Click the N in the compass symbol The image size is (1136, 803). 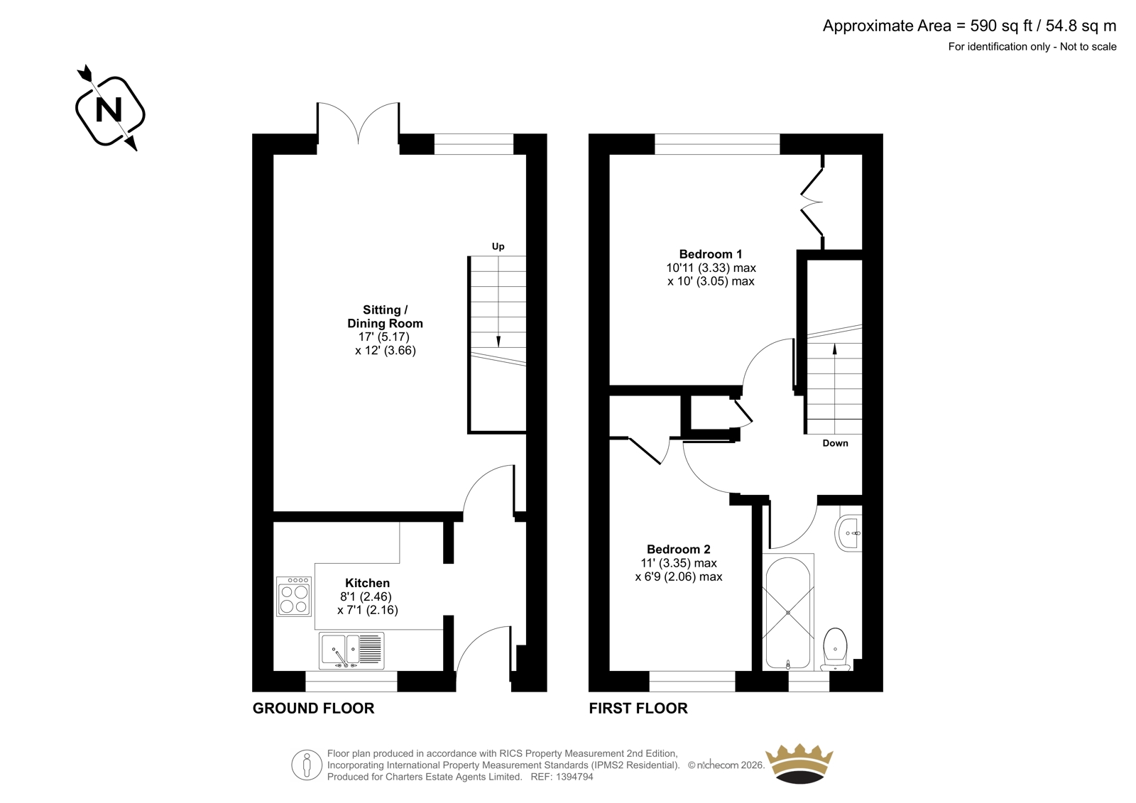tap(109, 109)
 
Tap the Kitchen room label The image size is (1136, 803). tap(367, 583)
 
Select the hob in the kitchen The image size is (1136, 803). tap(294, 596)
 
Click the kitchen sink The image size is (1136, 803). tap(351, 650)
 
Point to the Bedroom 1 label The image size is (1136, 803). tap(711, 254)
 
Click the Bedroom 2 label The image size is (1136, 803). tap(679, 549)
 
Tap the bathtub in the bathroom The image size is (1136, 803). tap(788, 613)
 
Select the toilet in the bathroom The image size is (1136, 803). tap(835, 650)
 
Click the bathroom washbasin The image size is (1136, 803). tap(848, 533)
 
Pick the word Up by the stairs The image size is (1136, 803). tap(498, 246)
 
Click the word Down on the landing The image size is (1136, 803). tap(835, 443)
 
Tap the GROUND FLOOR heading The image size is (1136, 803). tap(313, 708)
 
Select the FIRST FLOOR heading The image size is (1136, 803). tap(638, 708)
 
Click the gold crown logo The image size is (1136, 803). tap(799, 764)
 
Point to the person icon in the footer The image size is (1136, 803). tap(307, 765)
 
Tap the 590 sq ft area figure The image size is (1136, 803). tap(1001, 26)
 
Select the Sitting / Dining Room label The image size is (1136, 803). tap(385, 317)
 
